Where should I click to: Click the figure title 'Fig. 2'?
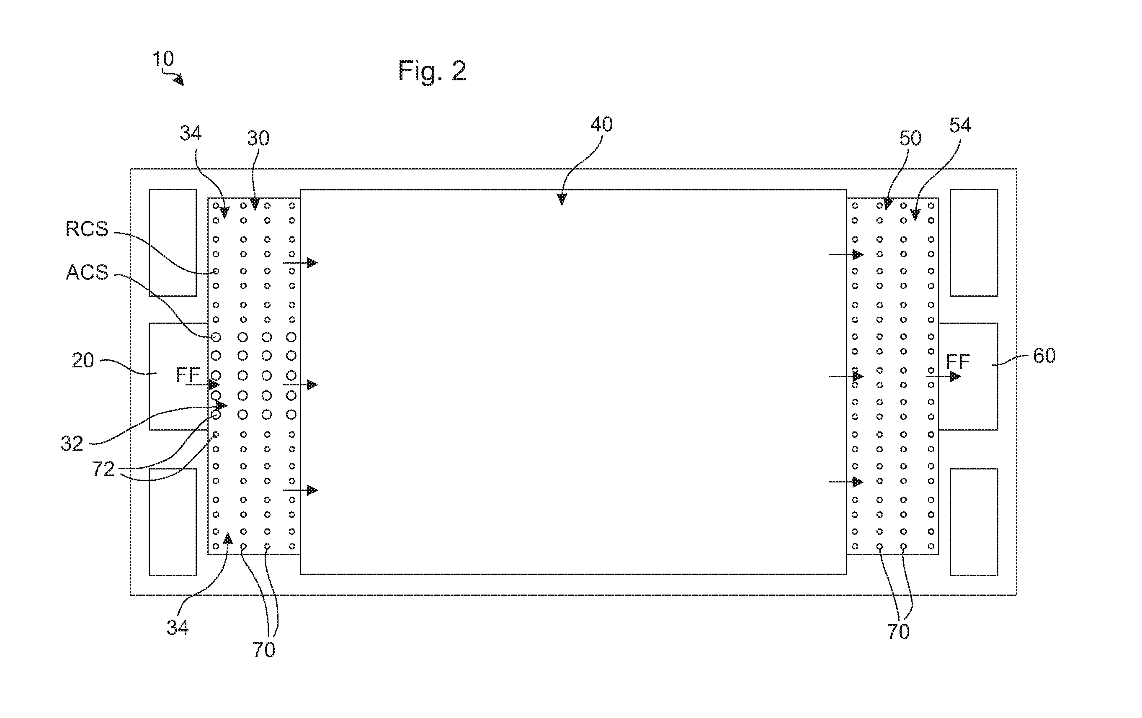tap(432, 71)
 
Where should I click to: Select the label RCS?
tap(87, 229)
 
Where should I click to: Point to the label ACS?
tap(87, 272)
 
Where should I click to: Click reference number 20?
tap(82, 361)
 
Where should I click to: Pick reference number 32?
tap(72, 444)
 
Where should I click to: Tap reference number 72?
tap(103, 469)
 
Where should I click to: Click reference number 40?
tap(601, 124)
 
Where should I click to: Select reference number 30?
tap(258, 138)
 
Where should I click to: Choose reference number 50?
tap(910, 138)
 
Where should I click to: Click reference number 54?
tap(960, 125)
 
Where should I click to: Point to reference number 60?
tap(1044, 356)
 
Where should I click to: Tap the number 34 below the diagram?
tap(178, 628)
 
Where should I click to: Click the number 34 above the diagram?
tap(190, 133)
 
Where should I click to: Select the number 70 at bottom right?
tap(898, 632)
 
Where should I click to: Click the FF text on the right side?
tap(957, 362)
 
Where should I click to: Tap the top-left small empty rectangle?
tap(173, 243)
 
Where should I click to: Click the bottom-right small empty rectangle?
tap(974, 522)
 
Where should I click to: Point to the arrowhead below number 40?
tap(562, 199)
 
